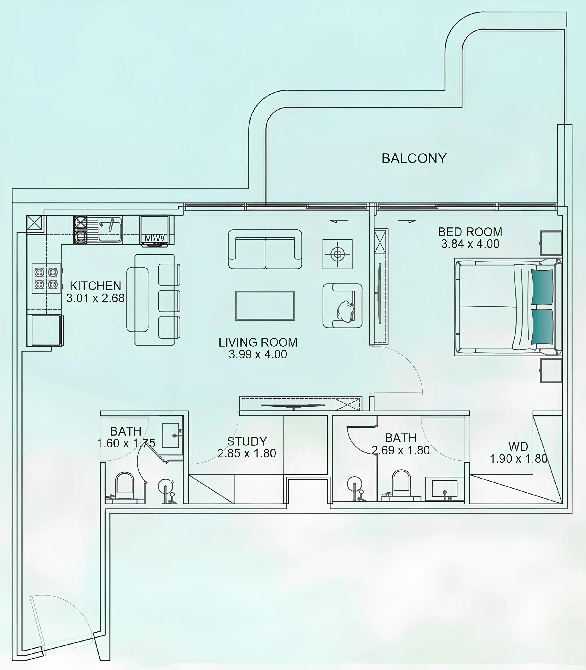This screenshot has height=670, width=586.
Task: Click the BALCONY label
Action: pos(414,159)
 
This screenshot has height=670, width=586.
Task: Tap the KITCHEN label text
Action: pos(95,286)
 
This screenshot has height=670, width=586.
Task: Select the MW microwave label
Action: pos(154,238)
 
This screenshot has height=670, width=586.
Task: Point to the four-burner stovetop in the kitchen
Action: pos(46,278)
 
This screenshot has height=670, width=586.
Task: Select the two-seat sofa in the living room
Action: pos(265,249)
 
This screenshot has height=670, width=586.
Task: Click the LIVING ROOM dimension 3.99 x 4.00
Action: pos(258,354)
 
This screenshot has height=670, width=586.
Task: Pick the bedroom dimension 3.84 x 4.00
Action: pos(470,244)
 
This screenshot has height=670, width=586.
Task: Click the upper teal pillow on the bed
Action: pos(543,287)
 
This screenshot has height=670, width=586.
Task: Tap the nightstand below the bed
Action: pos(551,370)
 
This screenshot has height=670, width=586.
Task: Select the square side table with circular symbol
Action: pos(337,254)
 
